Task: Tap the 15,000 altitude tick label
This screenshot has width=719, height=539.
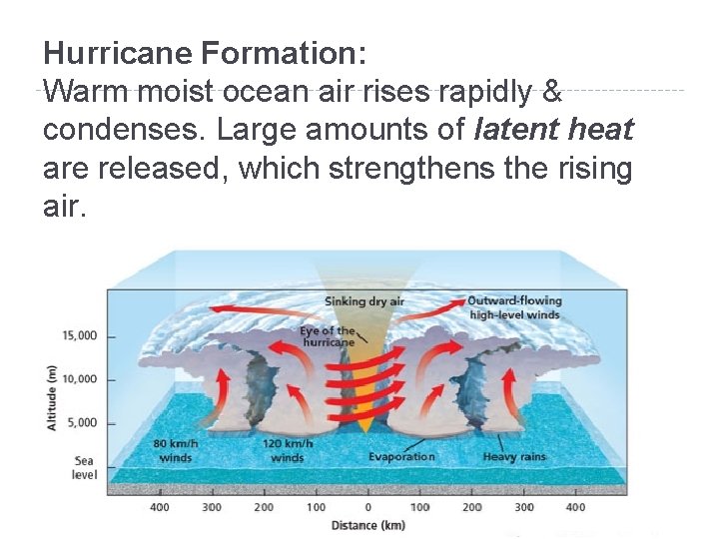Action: click(80, 336)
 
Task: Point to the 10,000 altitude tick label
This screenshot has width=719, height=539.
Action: click(80, 379)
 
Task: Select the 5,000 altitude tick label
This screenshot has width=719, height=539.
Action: click(82, 422)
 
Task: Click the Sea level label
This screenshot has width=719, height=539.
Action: click(85, 468)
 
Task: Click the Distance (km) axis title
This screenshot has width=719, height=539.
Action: click(368, 525)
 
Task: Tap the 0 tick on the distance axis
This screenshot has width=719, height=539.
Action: click(367, 507)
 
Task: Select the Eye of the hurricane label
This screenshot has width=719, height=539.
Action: click(327, 336)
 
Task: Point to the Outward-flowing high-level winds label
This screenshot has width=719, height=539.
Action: click(515, 307)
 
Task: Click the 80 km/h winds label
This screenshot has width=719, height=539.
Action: click(176, 451)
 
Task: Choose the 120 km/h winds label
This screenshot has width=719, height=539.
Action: click(288, 451)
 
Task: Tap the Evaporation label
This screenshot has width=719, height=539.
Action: click(401, 457)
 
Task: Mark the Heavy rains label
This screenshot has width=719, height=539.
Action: click(514, 457)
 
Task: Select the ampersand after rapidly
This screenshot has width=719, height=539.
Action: click(550, 92)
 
